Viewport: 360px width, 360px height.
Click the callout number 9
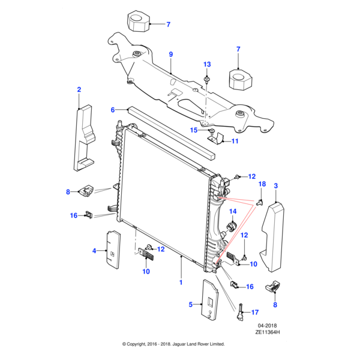pos(170,55)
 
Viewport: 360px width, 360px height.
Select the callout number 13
pos(207,64)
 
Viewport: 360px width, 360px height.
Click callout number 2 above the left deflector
pos(79,90)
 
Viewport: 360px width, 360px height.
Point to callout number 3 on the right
pos(275,187)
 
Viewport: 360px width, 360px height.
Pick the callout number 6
pos(112,110)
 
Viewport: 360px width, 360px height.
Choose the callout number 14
pos(232,212)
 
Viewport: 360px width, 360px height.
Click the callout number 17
pos(254,312)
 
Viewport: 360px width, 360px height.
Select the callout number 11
pos(235,142)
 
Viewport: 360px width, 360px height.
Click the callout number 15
pos(194,130)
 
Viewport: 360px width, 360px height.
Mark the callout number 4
pos(94,251)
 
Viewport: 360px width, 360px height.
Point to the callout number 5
pos(191,305)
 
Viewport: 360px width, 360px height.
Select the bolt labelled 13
pos(207,79)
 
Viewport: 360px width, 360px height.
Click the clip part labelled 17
pos(240,312)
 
